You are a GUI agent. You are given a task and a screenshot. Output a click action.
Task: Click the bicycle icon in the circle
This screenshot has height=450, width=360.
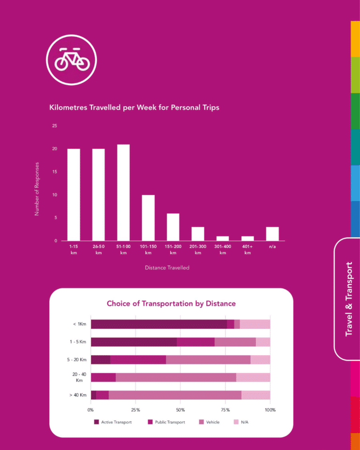[72, 59]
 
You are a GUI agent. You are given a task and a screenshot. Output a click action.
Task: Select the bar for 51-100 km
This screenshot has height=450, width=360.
[123, 193]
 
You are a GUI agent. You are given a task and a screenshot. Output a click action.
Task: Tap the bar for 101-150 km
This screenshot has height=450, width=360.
[148, 218]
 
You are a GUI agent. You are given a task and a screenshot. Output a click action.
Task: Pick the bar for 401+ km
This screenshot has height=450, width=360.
[247, 239]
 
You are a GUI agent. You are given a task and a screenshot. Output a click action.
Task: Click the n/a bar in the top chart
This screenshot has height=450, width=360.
[272, 234]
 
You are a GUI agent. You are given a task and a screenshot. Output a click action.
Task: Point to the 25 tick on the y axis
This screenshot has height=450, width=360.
[55, 126]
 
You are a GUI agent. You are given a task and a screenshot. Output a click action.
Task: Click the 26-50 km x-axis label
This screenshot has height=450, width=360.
[98, 249]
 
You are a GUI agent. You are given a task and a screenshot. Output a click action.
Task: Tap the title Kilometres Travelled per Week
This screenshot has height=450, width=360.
[134, 107]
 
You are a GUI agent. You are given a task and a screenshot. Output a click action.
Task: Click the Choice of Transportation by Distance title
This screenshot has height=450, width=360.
[171, 304]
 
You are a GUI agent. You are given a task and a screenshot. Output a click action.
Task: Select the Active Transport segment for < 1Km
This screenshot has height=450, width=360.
[158, 324]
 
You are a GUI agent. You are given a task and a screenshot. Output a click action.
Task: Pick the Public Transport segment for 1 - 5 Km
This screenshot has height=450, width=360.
[195, 342]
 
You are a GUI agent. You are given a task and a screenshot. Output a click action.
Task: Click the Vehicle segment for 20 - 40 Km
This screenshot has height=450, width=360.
[176, 377]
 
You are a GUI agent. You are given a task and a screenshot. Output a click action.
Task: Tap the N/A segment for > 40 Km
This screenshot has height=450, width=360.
[255, 395]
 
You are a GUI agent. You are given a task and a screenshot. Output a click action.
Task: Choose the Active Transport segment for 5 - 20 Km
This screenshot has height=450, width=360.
[100, 360]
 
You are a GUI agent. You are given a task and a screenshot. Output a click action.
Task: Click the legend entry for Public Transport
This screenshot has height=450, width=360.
[166, 422]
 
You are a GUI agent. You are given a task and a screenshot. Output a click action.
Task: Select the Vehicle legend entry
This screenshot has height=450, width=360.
[209, 422]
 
